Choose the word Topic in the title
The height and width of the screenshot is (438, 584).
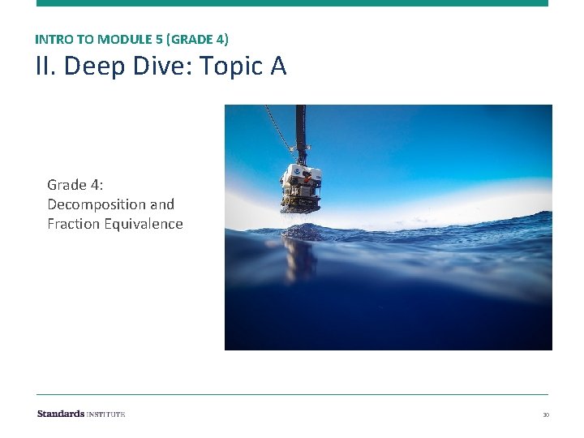pos(225,67)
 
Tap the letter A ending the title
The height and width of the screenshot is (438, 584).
pos(278,67)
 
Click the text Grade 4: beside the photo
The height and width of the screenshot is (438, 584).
pos(75,185)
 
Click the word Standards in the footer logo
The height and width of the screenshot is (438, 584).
pos(61,414)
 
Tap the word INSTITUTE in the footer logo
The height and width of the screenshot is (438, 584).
pos(106,414)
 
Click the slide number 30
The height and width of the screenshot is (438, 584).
pos(546,415)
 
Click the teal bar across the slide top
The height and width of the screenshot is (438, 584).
pos(292,3)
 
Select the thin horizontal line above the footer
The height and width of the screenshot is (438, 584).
pos(292,395)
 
